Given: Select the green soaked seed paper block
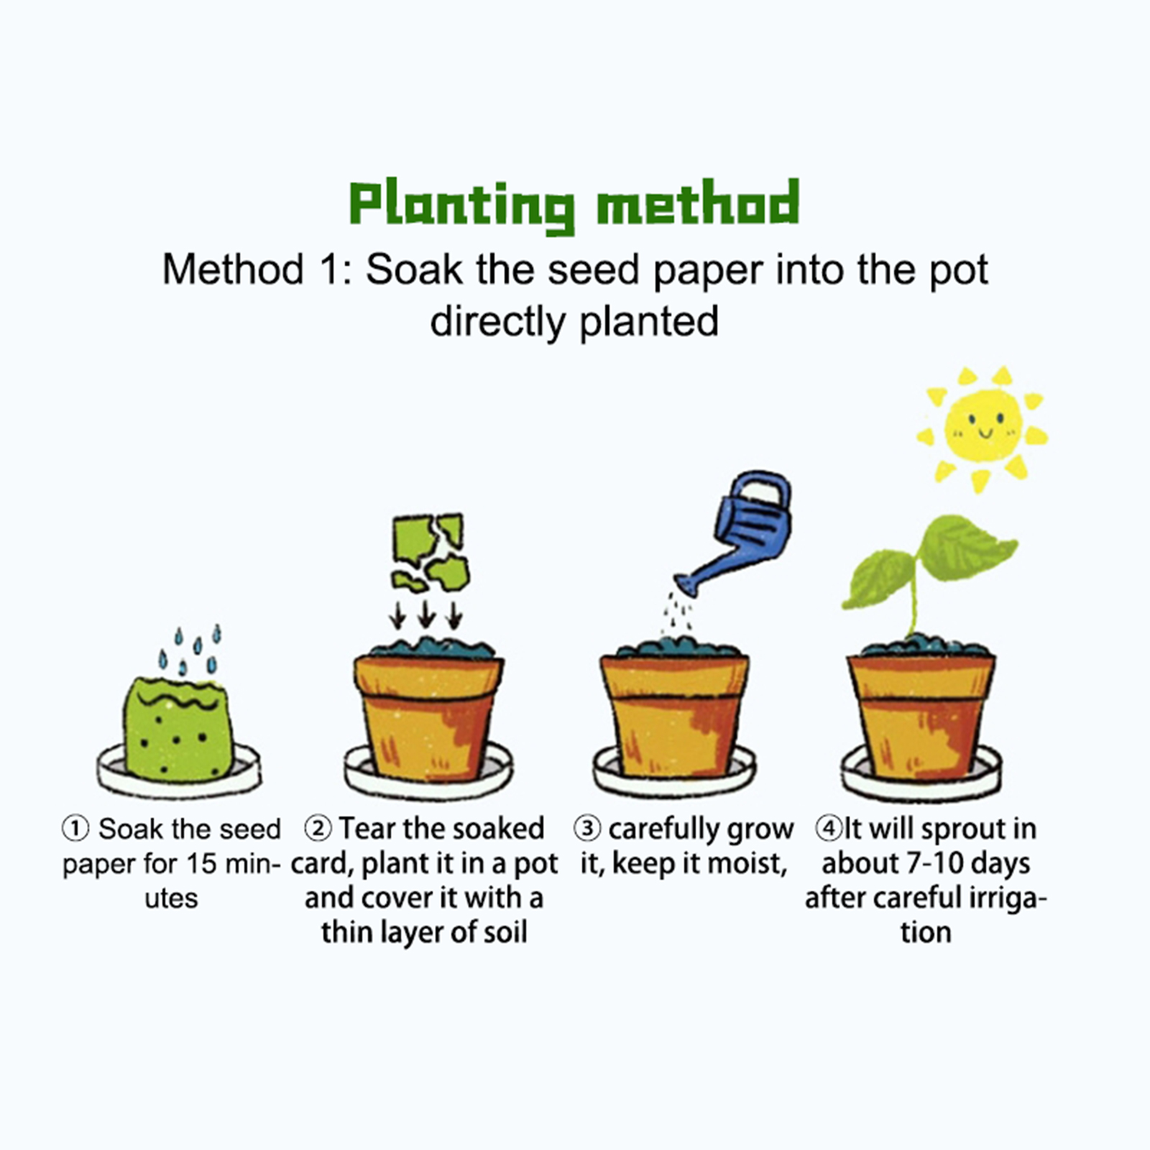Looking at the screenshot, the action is tap(177, 727).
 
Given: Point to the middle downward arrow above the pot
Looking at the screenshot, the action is tap(426, 615).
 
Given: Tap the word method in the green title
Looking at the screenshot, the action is tap(698, 202).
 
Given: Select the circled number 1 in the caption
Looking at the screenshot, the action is tap(75, 829).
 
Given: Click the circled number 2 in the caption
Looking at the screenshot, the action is tap(318, 829).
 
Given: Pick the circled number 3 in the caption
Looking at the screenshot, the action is tap(587, 829).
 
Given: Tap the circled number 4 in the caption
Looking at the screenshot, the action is tap(828, 829).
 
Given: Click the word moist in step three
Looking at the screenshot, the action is tap(752, 864).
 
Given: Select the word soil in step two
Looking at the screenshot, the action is tap(507, 932).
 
